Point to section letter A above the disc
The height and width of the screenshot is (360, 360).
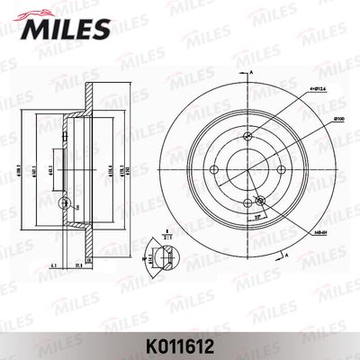255,74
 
